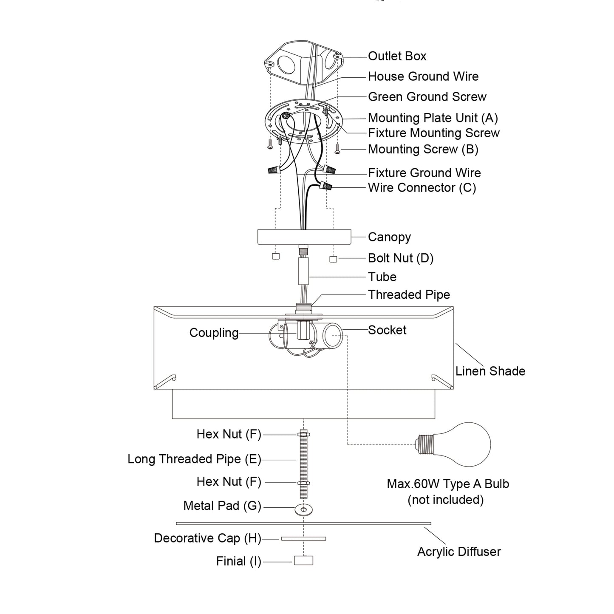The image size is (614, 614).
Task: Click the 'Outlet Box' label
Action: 397,56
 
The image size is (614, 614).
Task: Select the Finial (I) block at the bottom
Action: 303,560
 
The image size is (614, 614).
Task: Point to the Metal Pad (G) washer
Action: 303,509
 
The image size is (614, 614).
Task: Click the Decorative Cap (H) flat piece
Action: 303,539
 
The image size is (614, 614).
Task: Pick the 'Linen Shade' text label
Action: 490,371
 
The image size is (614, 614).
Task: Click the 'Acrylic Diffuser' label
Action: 459,552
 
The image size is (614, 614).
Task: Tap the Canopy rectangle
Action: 304,237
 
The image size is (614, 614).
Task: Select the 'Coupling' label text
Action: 214,333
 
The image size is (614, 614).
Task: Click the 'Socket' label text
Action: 387,330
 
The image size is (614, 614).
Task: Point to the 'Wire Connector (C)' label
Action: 422,188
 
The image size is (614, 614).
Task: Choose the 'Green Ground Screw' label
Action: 427,97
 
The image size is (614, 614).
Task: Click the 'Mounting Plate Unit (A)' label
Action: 433,118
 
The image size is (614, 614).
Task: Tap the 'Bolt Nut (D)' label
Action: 400,258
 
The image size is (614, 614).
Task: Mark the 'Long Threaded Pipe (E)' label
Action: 194,459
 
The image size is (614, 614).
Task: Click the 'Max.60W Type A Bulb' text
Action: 447,484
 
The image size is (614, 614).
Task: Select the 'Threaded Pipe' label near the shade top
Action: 409,294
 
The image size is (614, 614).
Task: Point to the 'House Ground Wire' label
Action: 423,76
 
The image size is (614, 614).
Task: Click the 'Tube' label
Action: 382,277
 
